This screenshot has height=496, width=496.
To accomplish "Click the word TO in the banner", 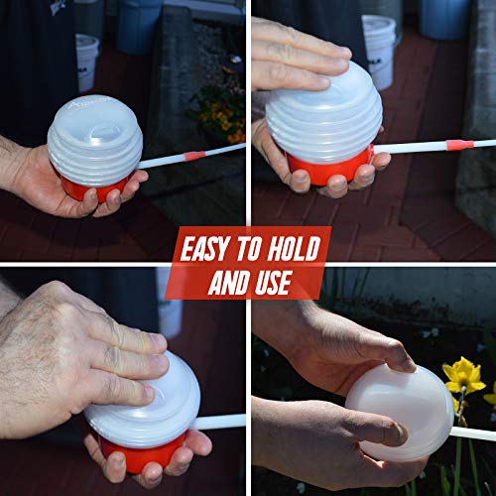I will pyautogui.click(x=252, y=245).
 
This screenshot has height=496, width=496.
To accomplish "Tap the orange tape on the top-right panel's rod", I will pyautogui.click(x=457, y=145).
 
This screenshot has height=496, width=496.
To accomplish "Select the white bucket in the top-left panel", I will pyautogui.click(x=87, y=60).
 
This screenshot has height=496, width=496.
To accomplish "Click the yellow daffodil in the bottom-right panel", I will pyautogui.click(x=462, y=376).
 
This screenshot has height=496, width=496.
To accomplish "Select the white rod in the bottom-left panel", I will pyautogui.click(x=220, y=422).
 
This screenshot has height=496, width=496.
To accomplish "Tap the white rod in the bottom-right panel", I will pyautogui.click(x=474, y=433).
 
